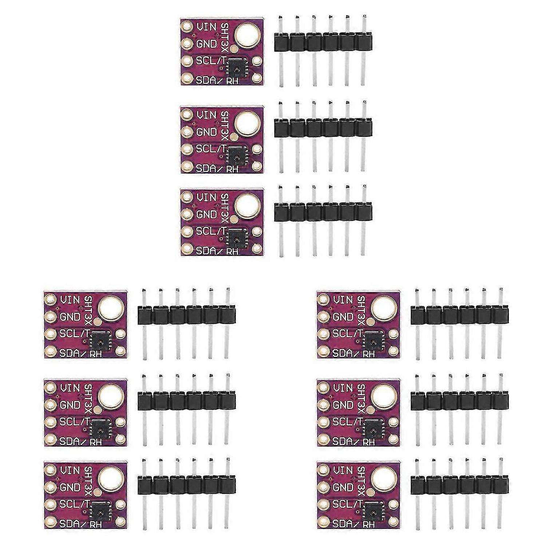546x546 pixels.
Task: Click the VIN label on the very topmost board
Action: [x=206, y=27]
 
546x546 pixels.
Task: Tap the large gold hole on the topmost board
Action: [x=248, y=36]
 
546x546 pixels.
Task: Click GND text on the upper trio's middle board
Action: [x=206, y=132]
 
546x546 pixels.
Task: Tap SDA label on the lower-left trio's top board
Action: [x=69, y=352]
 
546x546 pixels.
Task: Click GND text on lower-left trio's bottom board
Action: [x=70, y=487]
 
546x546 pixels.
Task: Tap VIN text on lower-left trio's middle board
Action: [x=70, y=388]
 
